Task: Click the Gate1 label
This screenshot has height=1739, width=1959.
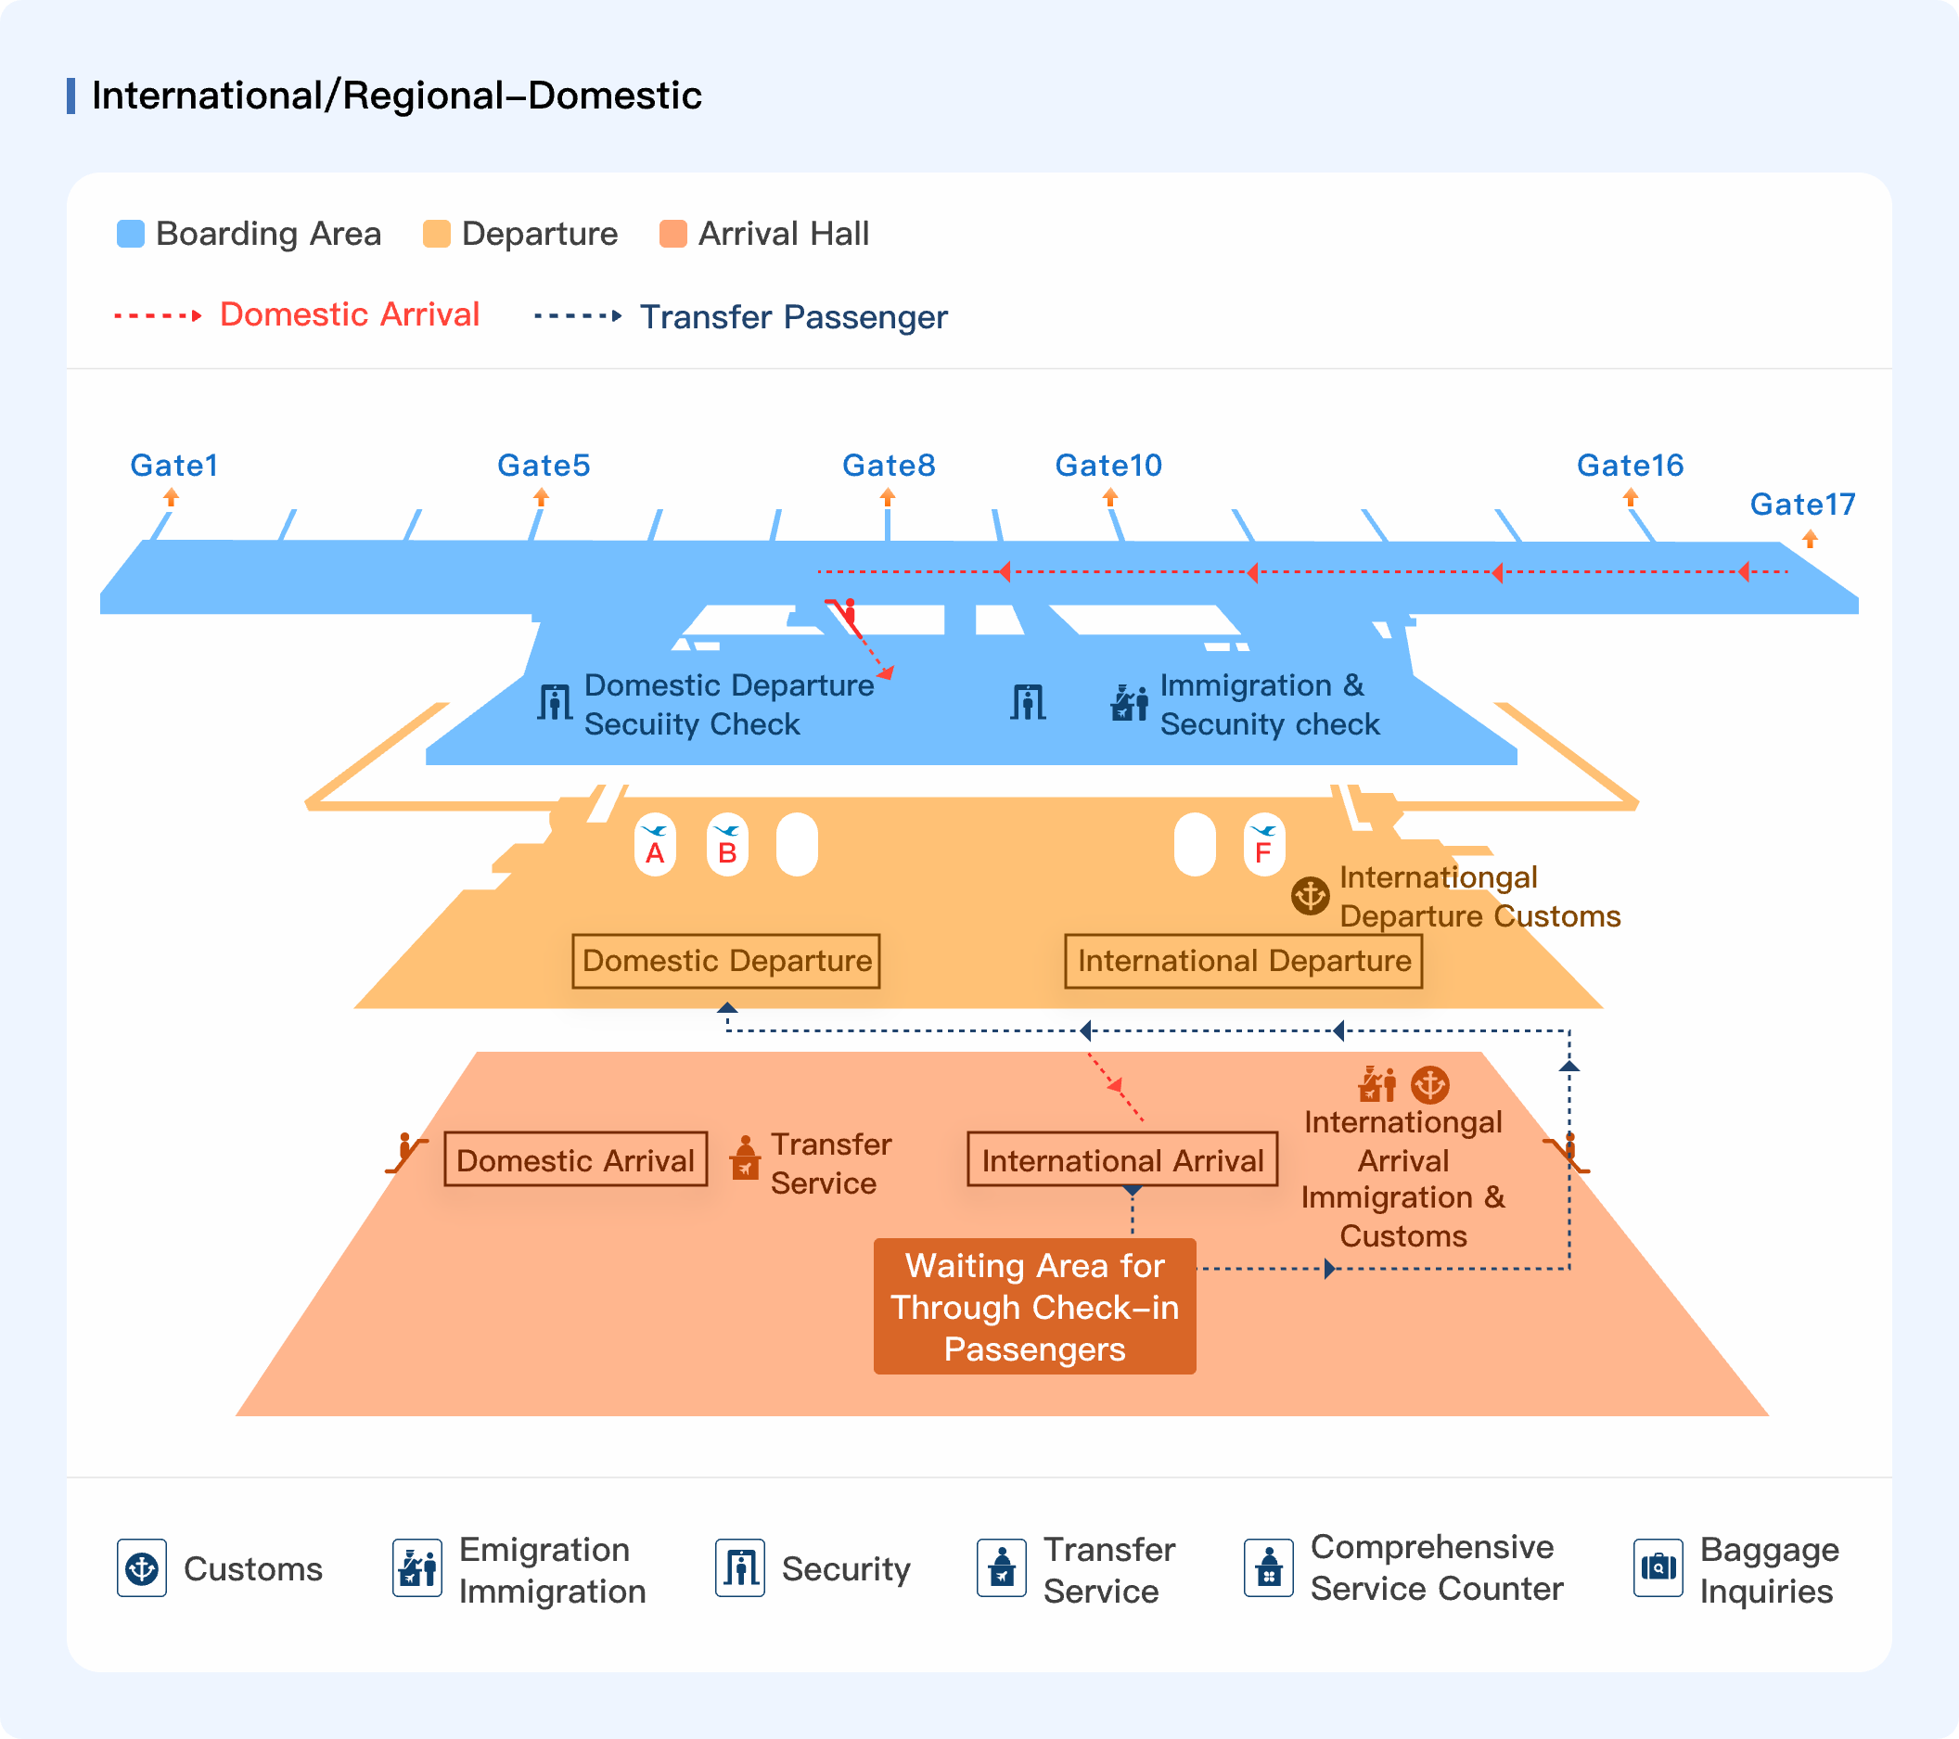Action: point(174,466)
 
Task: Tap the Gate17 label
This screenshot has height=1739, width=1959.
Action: point(1803,504)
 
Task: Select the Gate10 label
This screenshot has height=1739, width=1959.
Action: point(1108,466)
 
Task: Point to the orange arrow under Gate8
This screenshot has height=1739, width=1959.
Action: point(888,496)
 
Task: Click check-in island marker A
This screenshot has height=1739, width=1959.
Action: point(656,845)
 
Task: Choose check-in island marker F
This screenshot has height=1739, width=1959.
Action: point(1264,845)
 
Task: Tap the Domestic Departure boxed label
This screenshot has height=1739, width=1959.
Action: point(726,961)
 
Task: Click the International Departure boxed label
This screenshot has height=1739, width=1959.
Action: point(1244,961)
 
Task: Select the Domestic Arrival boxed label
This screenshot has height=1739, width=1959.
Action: point(576,1160)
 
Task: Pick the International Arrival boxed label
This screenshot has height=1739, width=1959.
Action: point(1122,1160)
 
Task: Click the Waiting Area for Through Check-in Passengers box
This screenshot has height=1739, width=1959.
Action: point(1035,1307)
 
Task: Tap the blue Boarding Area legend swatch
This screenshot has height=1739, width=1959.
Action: point(131,234)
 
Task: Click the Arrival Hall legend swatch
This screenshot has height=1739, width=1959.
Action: point(673,234)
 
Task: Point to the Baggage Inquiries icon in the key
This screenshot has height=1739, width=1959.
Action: point(1659,1567)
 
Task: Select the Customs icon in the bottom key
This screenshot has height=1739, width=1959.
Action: point(142,1567)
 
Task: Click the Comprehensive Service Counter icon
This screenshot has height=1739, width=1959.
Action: point(1269,1567)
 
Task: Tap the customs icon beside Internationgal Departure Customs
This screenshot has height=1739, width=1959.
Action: point(1310,896)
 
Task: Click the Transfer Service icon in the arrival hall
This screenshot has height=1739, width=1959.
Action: point(745,1158)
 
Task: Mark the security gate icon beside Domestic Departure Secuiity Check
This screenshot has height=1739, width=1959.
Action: point(555,702)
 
